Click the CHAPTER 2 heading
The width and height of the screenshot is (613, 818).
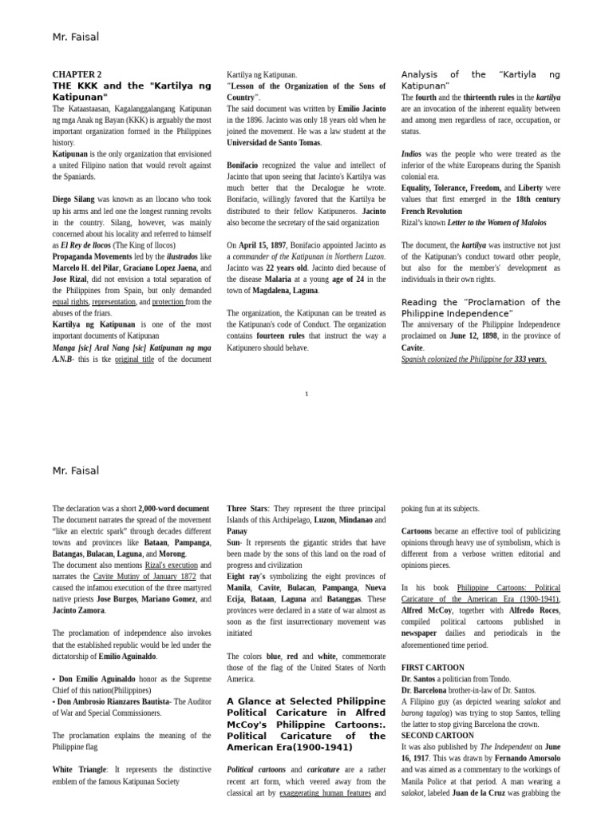pyautogui.click(x=77, y=74)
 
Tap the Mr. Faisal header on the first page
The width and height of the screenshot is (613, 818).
pyautogui.click(x=76, y=37)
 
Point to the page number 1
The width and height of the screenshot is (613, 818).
pyautogui.click(x=306, y=394)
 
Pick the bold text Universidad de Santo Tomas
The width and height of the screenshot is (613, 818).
pyautogui.click(x=273, y=142)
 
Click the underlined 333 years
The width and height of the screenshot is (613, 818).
pyautogui.click(x=530, y=359)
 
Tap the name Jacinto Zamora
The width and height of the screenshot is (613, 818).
pyautogui.click(x=78, y=610)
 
